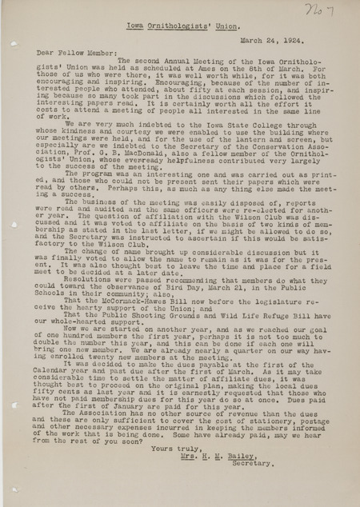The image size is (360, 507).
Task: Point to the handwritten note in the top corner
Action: click(314, 10)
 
